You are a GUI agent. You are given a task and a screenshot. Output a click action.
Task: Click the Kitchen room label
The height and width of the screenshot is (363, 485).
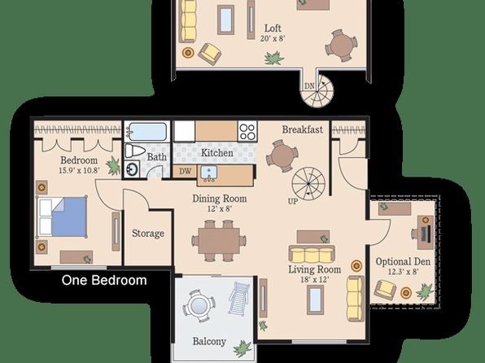[x=217, y=152]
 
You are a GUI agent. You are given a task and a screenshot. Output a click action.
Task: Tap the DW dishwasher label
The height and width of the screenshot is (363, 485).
[x=185, y=171]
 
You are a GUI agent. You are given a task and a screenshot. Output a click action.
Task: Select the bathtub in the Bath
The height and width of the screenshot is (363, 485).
[x=147, y=132]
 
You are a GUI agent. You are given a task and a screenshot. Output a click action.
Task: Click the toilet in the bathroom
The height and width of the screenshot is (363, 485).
[x=135, y=151]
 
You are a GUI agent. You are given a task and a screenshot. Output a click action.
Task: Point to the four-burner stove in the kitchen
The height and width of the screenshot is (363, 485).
[x=247, y=131]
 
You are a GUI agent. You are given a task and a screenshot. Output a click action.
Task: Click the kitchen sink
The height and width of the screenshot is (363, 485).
[x=209, y=173]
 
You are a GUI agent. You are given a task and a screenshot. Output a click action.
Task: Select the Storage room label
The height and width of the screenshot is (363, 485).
[x=148, y=234]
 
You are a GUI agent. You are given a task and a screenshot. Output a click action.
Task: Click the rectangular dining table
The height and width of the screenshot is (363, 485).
[x=219, y=241]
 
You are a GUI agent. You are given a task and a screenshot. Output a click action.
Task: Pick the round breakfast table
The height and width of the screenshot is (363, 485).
[x=282, y=155]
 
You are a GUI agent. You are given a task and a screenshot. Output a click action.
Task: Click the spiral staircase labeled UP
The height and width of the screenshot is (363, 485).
[x=308, y=184]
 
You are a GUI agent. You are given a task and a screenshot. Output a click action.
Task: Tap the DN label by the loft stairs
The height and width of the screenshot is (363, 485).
[x=309, y=86]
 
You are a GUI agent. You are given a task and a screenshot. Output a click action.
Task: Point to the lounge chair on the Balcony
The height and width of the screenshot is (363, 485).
[x=238, y=299]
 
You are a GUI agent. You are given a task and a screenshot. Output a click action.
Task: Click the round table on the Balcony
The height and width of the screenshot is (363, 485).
[x=199, y=306]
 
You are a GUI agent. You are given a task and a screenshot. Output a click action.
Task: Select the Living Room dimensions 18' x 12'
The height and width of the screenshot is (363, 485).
[x=315, y=279]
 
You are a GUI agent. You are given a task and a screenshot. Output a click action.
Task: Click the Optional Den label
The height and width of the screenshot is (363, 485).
[x=403, y=262]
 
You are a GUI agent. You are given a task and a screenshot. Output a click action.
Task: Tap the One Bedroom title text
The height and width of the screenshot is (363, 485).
[x=104, y=280]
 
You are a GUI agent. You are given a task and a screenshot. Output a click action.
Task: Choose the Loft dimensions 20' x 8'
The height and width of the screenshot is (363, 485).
[x=273, y=39]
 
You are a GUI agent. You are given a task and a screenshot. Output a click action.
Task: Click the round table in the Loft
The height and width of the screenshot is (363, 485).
[x=342, y=46]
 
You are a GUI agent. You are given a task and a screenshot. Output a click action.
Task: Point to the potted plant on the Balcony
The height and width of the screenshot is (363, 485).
[x=242, y=349]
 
